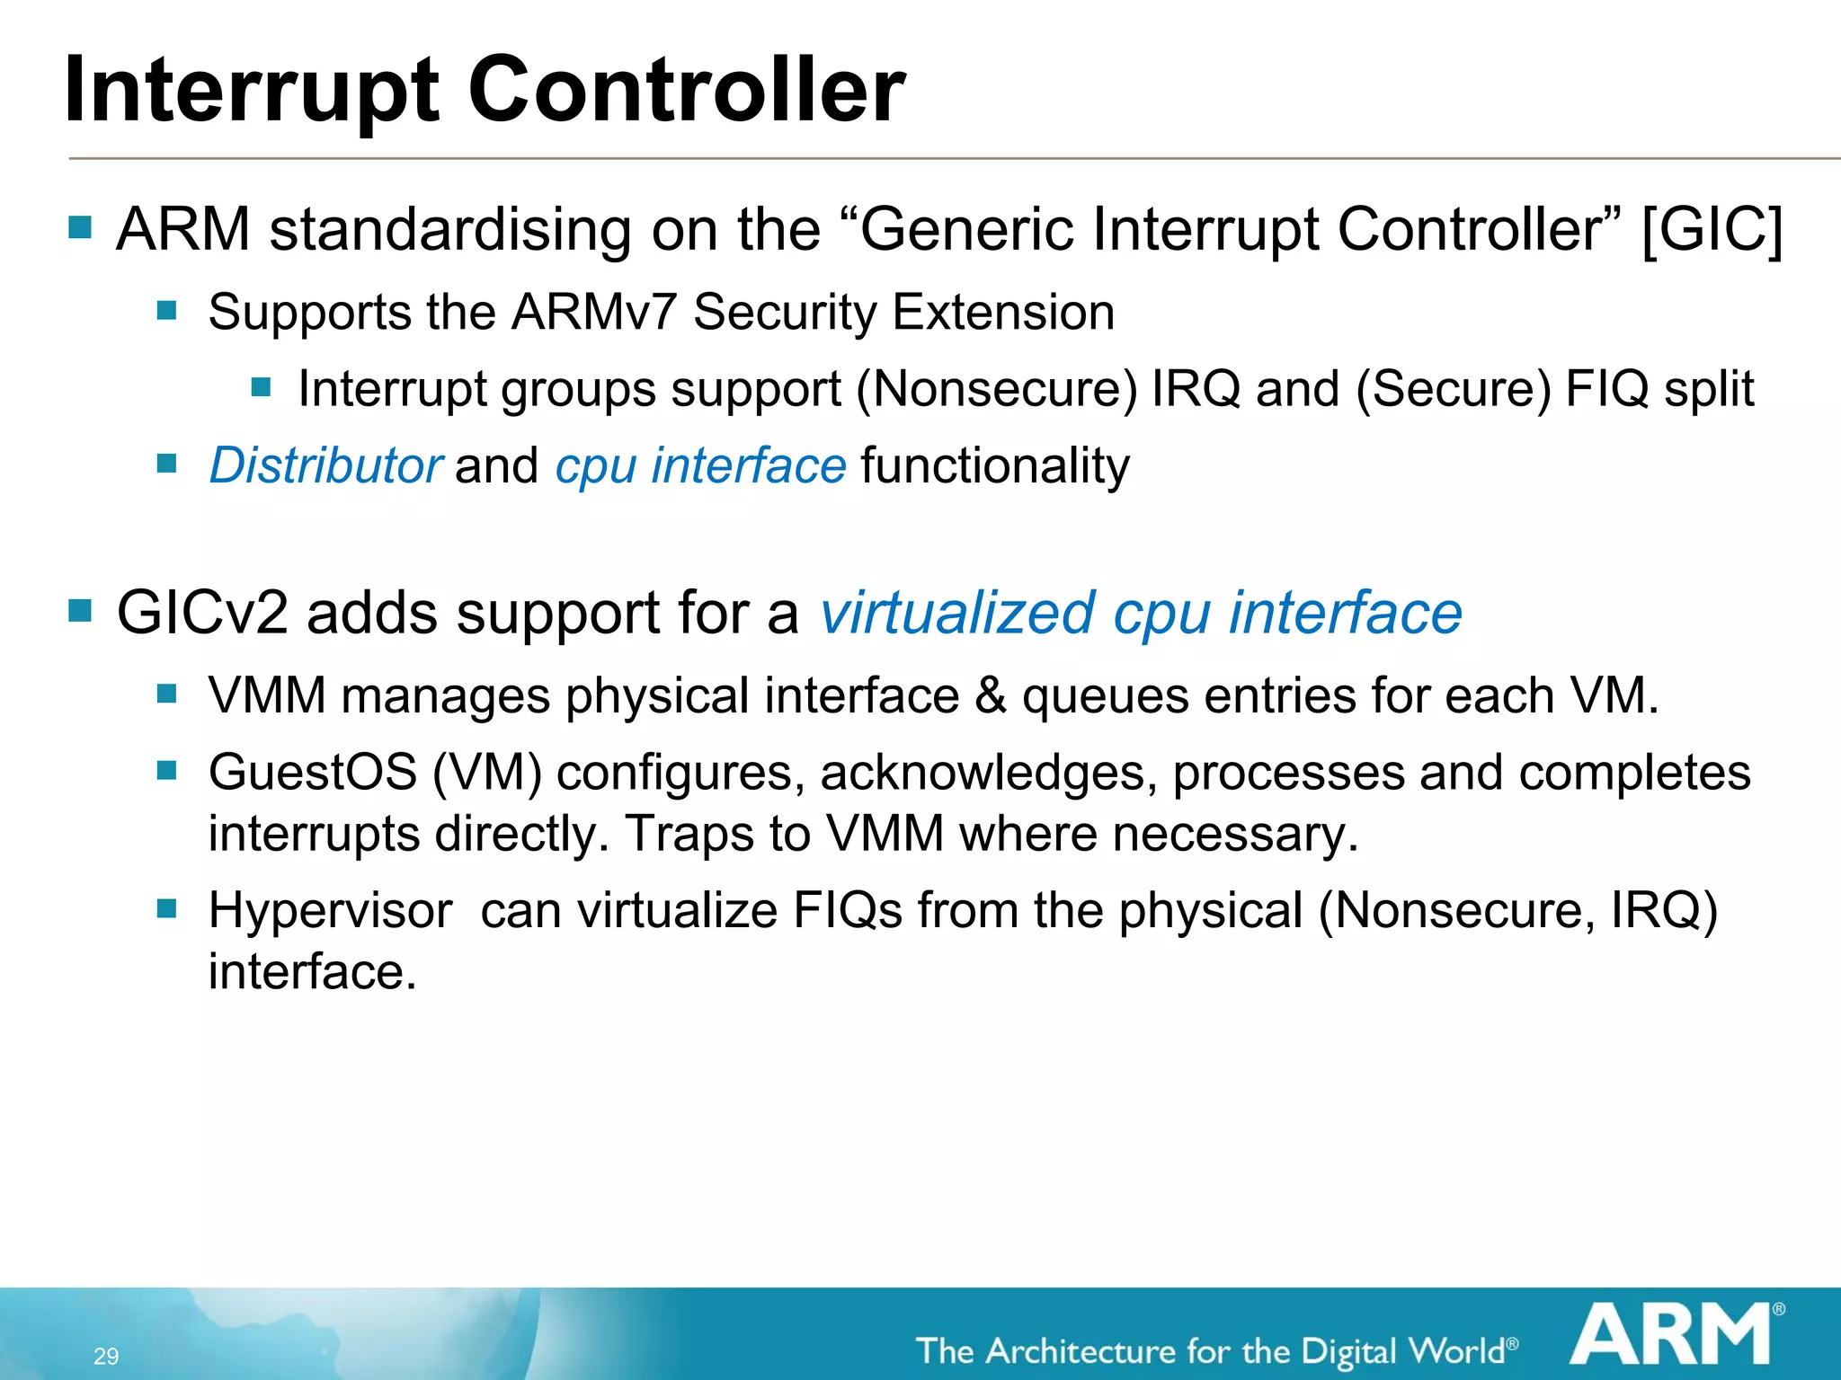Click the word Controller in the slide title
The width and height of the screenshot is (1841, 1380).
point(687,90)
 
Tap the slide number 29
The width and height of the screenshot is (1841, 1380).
point(106,1356)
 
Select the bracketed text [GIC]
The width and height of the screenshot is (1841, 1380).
point(1712,230)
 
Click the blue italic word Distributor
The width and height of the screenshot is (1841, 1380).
point(325,465)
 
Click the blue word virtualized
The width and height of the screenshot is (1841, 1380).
point(957,614)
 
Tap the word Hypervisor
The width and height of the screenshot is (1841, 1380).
point(330,910)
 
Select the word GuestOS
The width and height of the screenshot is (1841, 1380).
point(313,773)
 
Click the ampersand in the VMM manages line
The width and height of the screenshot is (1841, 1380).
point(990,696)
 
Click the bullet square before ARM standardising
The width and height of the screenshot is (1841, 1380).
point(80,227)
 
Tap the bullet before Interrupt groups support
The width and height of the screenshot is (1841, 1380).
point(262,387)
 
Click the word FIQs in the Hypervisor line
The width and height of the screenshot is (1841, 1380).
point(847,910)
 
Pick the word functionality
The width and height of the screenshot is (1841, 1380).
point(994,465)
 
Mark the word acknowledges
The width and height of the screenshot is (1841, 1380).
point(989,773)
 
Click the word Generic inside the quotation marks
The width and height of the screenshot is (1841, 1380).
point(966,230)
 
